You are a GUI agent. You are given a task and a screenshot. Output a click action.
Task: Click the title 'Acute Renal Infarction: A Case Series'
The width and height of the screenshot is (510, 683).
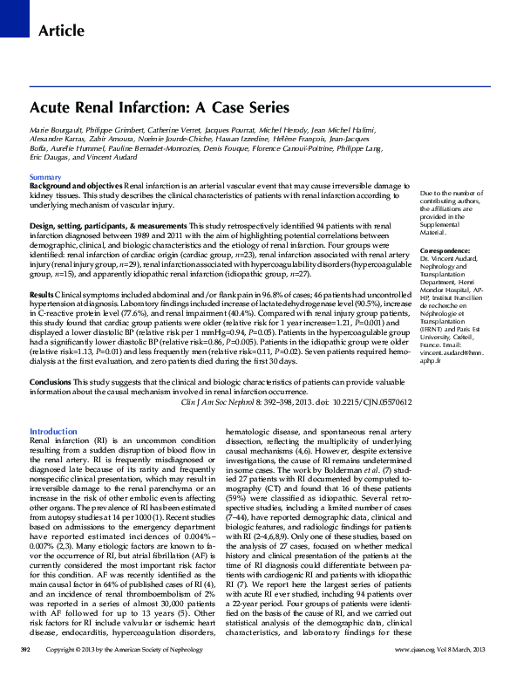[160, 108]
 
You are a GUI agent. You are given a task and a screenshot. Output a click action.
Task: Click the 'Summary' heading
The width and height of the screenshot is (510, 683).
[45, 177]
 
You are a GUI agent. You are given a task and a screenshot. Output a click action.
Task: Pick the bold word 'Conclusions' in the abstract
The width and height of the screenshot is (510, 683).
[50, 382]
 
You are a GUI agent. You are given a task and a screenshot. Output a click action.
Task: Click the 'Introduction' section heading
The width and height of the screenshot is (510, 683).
[53, 432]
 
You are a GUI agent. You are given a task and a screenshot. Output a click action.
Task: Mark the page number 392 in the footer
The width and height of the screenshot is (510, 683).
[26, 674]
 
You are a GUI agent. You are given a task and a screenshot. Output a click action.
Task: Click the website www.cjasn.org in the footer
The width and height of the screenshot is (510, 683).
[414, 674]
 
